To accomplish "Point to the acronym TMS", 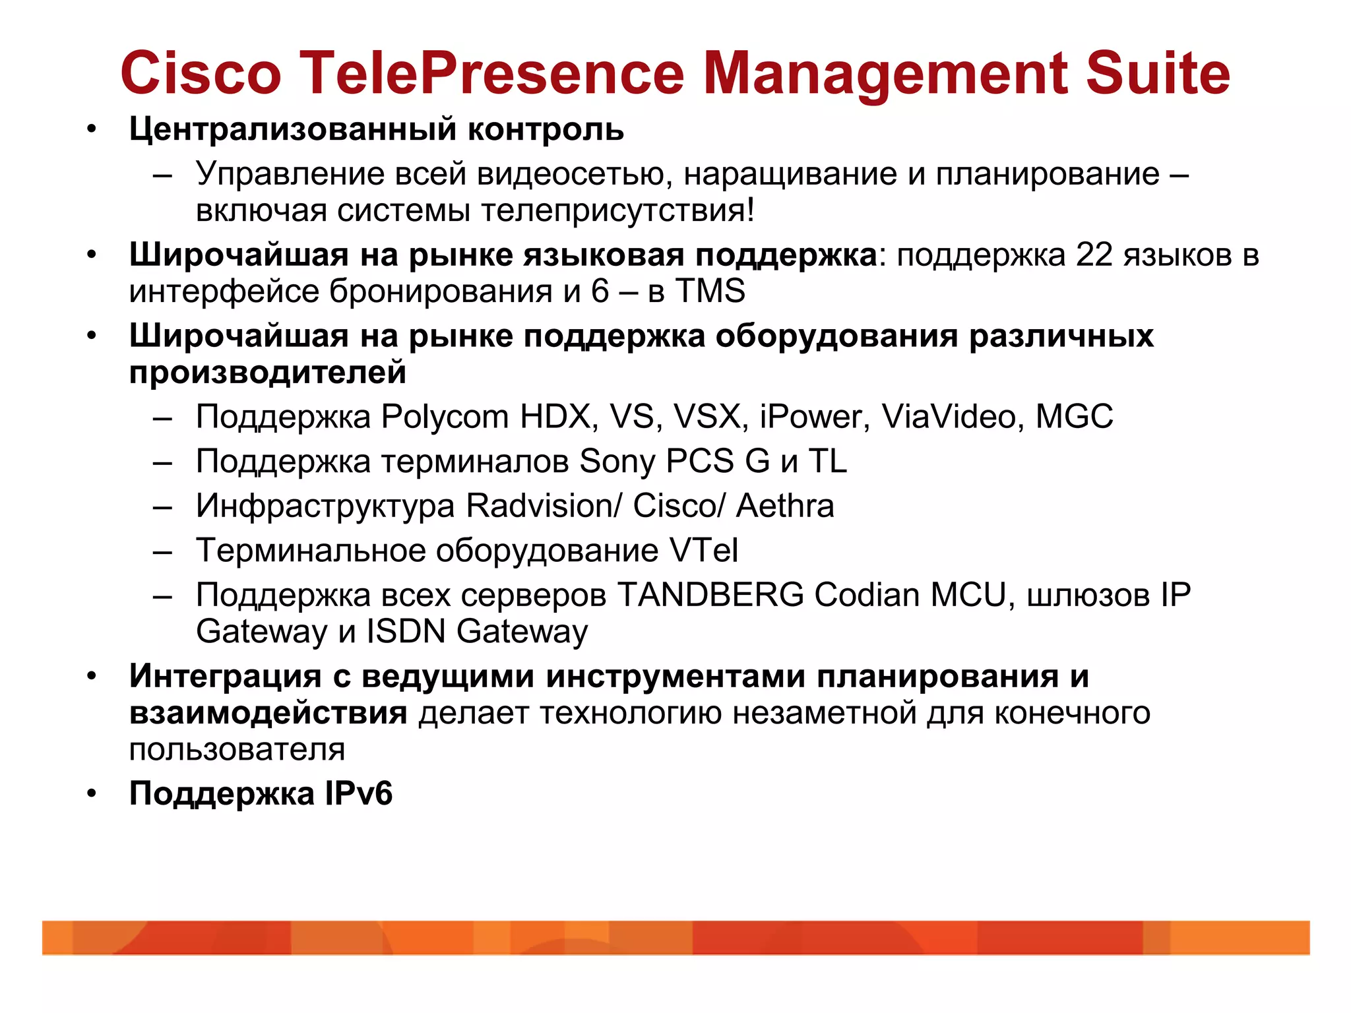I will click(x=710, y=291).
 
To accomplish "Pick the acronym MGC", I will click(x=1074, y=417).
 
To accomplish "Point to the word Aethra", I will click(x=785, y=506).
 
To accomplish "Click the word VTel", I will click(x=703, y=550).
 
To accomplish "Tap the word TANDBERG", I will click(x=710, y=595).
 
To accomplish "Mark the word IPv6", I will click(x=358, y=793).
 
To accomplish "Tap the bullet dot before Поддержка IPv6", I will click(x=92, y=794).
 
